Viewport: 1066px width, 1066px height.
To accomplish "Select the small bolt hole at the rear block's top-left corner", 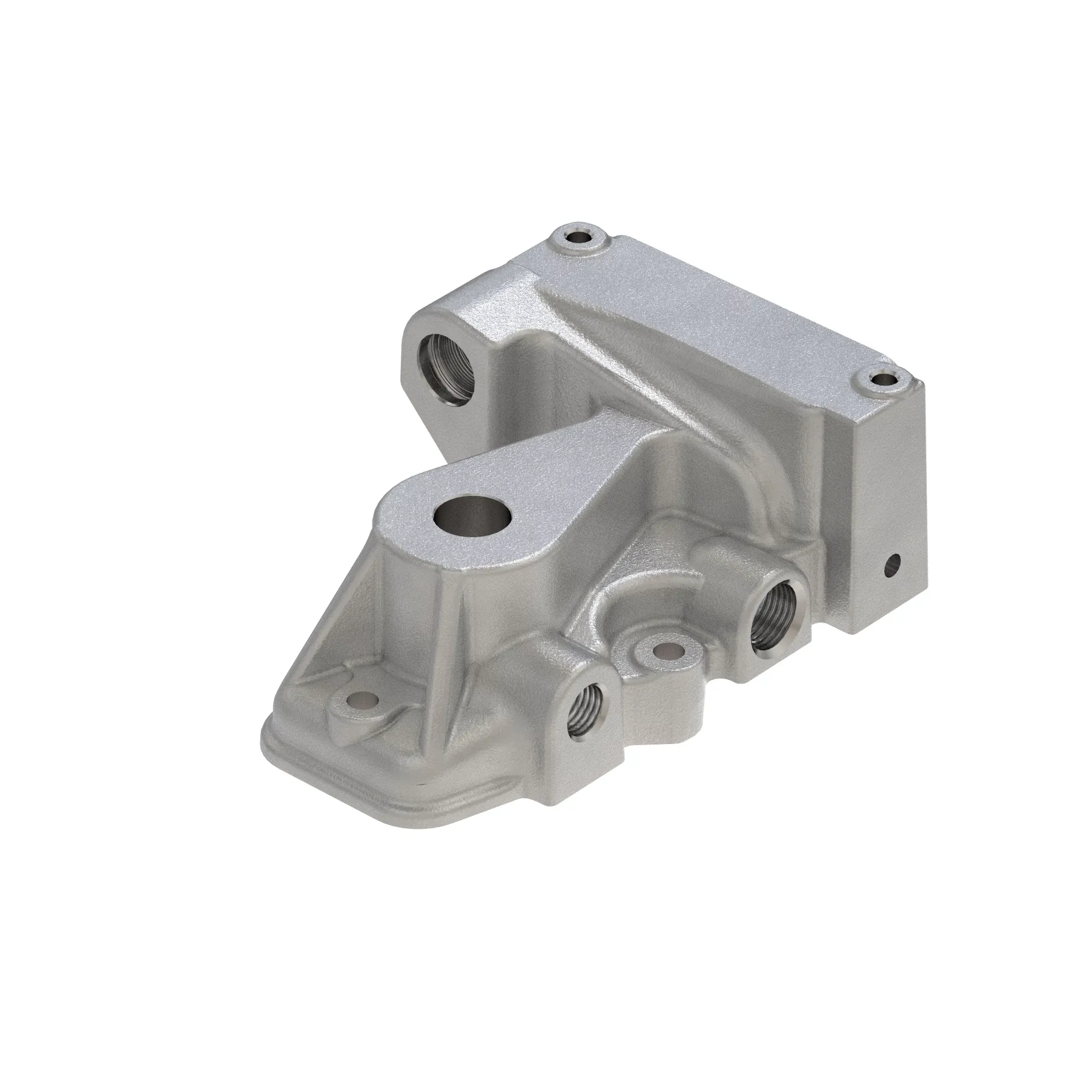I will (x=578, y=238).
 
